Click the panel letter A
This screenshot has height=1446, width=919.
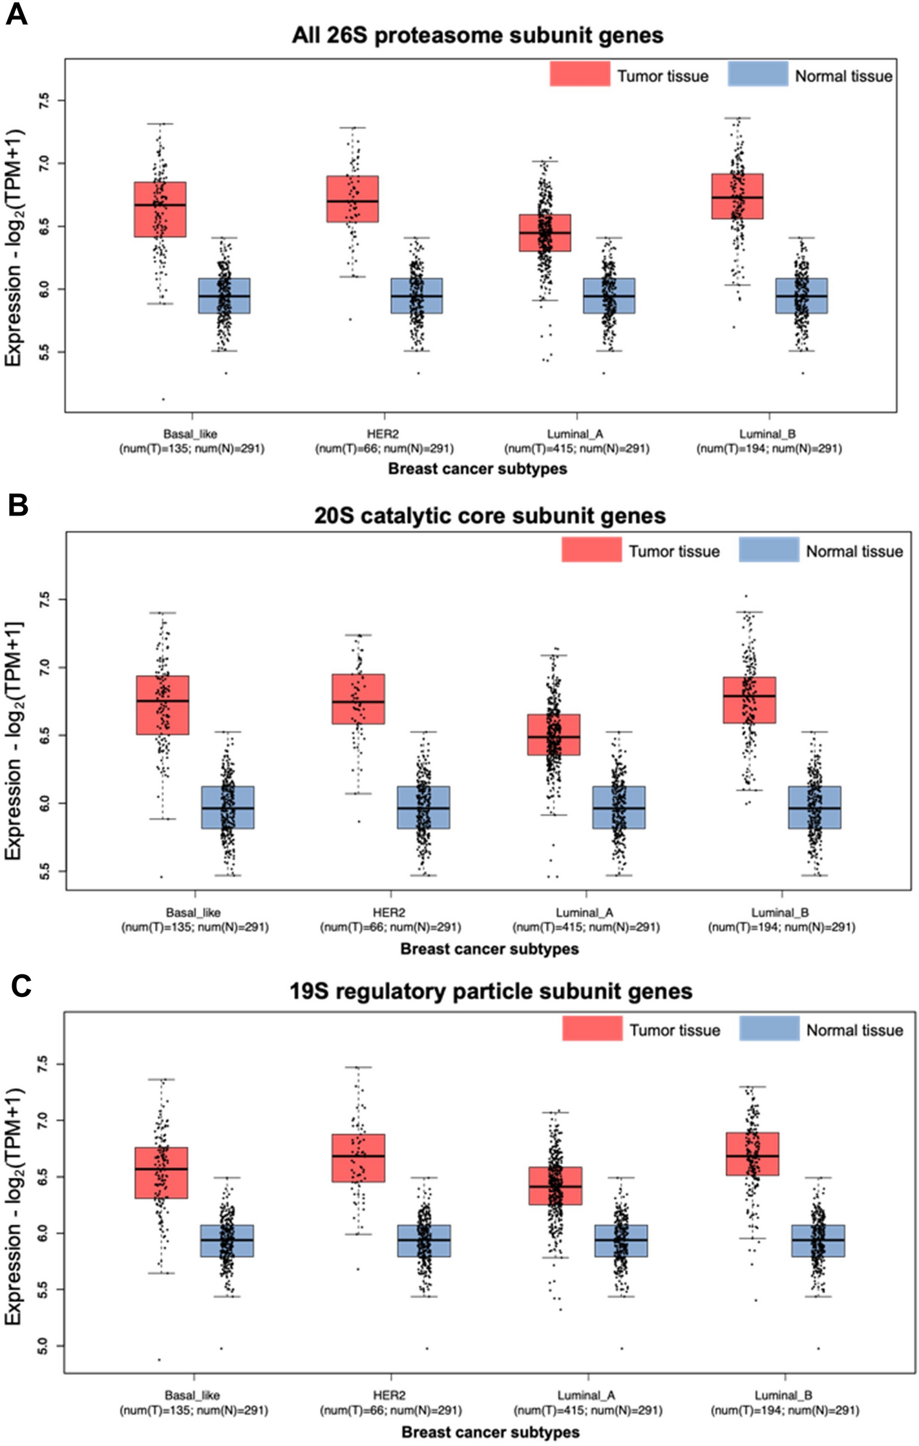(16, 14)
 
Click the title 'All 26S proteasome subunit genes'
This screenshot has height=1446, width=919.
(478, 35)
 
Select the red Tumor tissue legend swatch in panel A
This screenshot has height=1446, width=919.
(580, 74)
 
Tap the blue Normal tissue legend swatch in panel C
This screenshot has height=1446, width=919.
(769, 1029)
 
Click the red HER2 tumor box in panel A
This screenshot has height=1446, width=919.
(352, 199)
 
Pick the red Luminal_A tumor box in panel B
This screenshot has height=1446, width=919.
(554, 734)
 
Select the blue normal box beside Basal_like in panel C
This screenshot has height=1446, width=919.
(227, 1241)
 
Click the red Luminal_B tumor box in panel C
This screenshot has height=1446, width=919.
(752, 1153)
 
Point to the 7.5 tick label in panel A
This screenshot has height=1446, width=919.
(43, 100)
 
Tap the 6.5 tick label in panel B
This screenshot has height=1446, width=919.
(43, 735)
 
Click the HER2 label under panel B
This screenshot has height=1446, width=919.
(389, 912)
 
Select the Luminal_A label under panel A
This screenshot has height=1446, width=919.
(575, 434)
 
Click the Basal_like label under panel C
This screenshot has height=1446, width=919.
(193, 1395)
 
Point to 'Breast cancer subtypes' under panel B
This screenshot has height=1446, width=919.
(489, 948)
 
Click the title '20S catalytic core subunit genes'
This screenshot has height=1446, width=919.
(490, 516)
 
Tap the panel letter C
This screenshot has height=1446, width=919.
(21, 986)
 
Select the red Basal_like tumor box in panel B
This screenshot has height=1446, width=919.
(162, 705)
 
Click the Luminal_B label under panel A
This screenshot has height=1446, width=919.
(768, 434)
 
